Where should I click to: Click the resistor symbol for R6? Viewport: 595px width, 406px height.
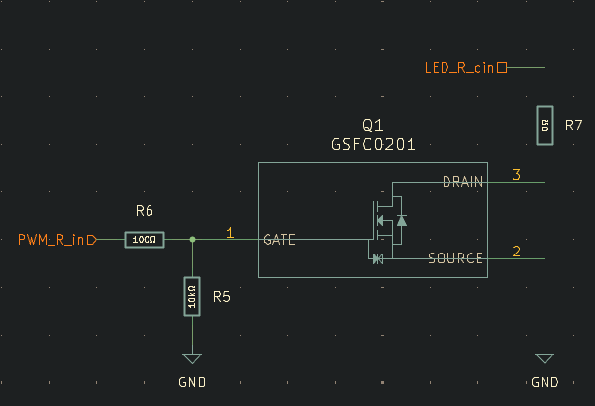tap(145, 240)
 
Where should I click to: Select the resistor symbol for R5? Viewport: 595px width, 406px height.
tap(191, 296)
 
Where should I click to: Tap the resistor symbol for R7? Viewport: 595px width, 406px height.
tap(545, 125)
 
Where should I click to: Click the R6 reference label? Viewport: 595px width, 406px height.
tap(145, 211)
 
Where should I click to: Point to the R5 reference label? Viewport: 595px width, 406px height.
tap(222, 296)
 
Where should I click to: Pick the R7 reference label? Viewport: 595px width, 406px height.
tap(574, 126)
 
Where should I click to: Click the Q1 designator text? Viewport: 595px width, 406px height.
tap(372, 125)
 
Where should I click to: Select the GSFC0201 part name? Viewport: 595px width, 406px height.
tap(372, 144)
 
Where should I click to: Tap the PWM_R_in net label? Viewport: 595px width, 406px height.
tap(55, 240)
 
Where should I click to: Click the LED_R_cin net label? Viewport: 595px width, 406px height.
tap(459, 68)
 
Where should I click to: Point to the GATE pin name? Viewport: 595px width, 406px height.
tap(282, 240)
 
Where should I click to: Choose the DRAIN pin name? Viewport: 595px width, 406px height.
tap(462, 181)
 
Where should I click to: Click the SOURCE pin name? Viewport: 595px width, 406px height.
tap(455, 258)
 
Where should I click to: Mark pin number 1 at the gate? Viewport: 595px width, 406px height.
tap(230, 233)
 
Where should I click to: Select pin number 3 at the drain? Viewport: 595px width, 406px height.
tap(516, 175)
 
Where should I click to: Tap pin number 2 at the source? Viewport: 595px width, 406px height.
tap(516, 252)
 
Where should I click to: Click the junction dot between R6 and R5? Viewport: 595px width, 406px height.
tap(191, 240)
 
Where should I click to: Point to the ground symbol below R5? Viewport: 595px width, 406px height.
tap(191, 359)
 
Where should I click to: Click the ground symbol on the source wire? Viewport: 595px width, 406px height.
tap(545, 359)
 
